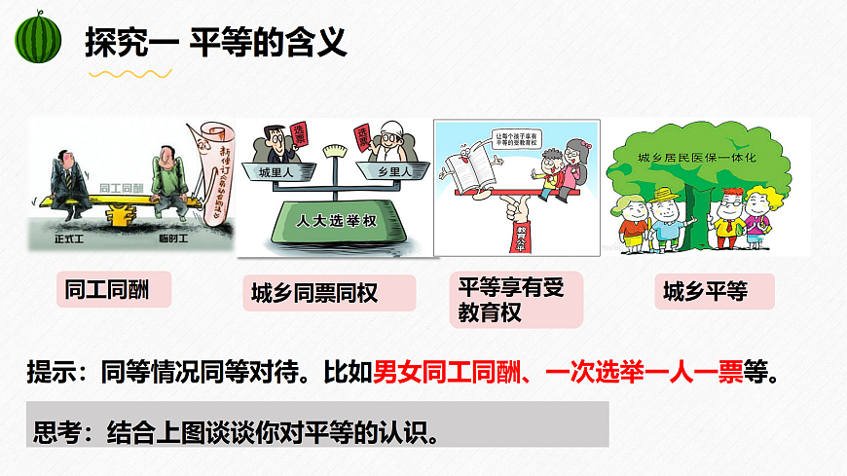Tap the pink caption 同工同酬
point(106,288)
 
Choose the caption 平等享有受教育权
point(510,299)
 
